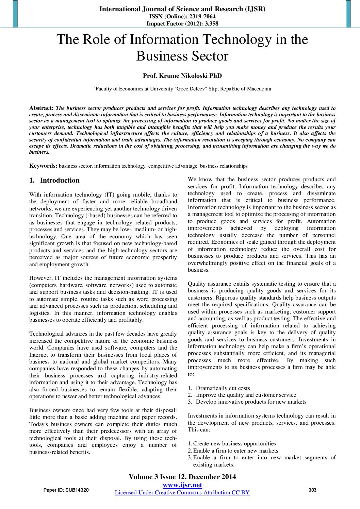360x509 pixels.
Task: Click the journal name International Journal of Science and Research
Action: [x=182, y=9]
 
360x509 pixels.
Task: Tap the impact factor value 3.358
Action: [x=211, y=23]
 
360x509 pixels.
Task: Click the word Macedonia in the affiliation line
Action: [x=259, y=89]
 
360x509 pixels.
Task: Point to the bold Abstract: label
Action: [x=42, y=108]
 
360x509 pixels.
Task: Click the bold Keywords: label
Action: [x=43, y=166]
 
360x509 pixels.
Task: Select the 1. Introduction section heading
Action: [x=54, y=180]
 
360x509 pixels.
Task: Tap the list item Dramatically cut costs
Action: [x=223, y=388]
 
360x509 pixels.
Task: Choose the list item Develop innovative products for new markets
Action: [x=251, y=402]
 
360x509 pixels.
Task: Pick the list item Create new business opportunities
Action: [x=234, y=444]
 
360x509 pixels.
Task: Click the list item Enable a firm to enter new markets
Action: [x=235, y=451]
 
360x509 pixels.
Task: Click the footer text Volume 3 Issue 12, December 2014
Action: [x=182, y=477]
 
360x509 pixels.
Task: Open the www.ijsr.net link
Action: [x=182, y=485]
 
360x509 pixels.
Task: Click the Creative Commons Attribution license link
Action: [x=182, y=493]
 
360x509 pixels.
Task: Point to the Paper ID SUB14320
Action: [x=66, y=490]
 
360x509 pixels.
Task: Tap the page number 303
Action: [x=312, y=490]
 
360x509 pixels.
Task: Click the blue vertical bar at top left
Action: [x=15, y=14]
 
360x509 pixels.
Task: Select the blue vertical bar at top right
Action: [x=348, y=14]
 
